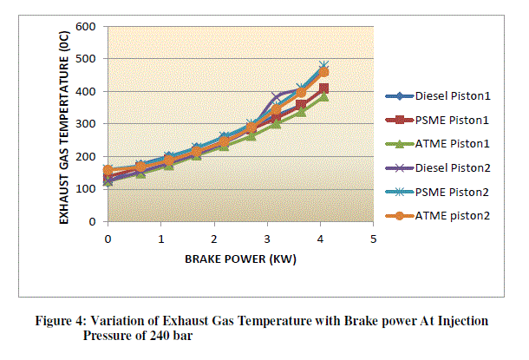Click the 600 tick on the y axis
pyautogui.click(x=85, y=26)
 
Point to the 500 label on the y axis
pyautogui.click(x=85, y=59)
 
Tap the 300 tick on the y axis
pyautogui.click(x=85, y=124)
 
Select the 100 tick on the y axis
pyautogui.click(x=85, y=189)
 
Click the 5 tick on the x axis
pyautogui.click(x=373, y=238)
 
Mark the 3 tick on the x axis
pyautogui.click(x=267, y=238)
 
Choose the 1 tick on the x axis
pyautogui.click(x=161, y=238)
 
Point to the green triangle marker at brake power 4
pyautogui.click(x=323, y=97)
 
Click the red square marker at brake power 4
pyautogui.click(x=323, y=88)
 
